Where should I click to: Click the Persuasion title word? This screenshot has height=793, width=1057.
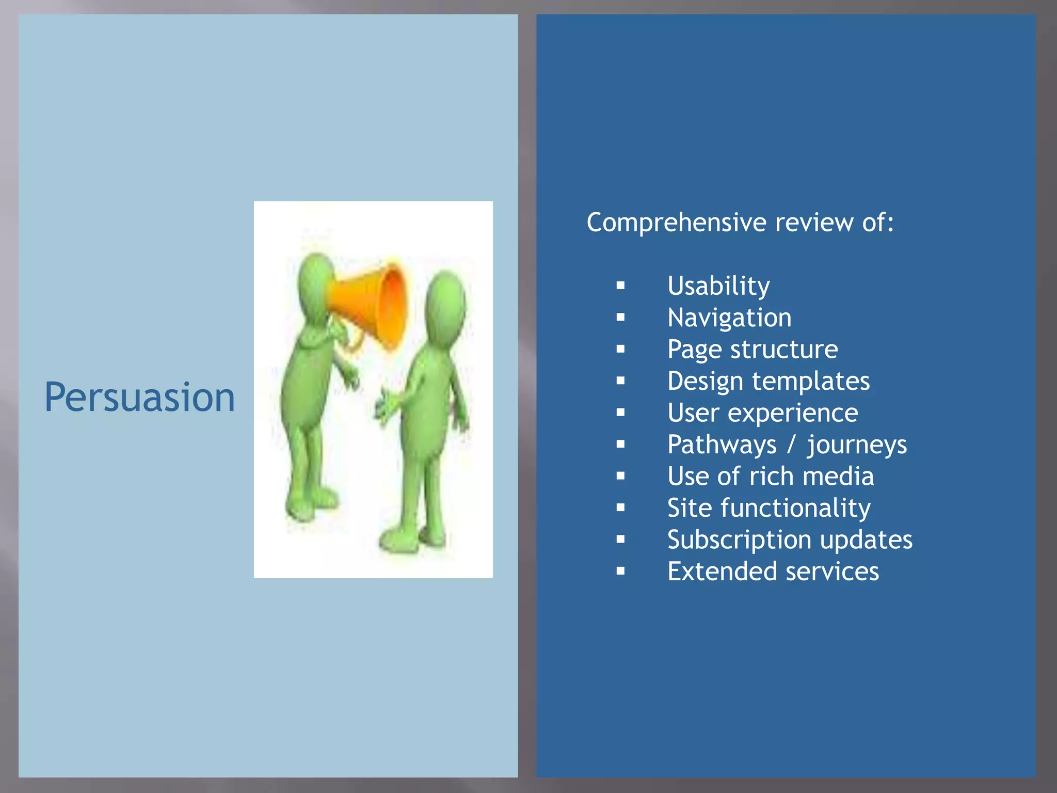click(x=139, y=398)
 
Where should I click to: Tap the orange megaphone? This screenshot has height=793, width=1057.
click(x=372, y=305)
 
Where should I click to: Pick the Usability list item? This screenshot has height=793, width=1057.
click(x=718, y=286)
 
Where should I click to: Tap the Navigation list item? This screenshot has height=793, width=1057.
click(x=729, y=318)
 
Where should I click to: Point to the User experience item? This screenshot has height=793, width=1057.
click(x=762, y=413)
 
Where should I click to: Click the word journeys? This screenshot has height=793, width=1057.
click(x=857, y=445)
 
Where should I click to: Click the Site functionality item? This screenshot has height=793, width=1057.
click(x=768, y=508)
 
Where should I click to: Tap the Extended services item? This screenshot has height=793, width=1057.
click(x=773, y=572)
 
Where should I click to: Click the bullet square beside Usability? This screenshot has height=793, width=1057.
click(x=620, y=286)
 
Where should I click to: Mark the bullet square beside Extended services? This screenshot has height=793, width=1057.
click(x=620, y=571)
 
